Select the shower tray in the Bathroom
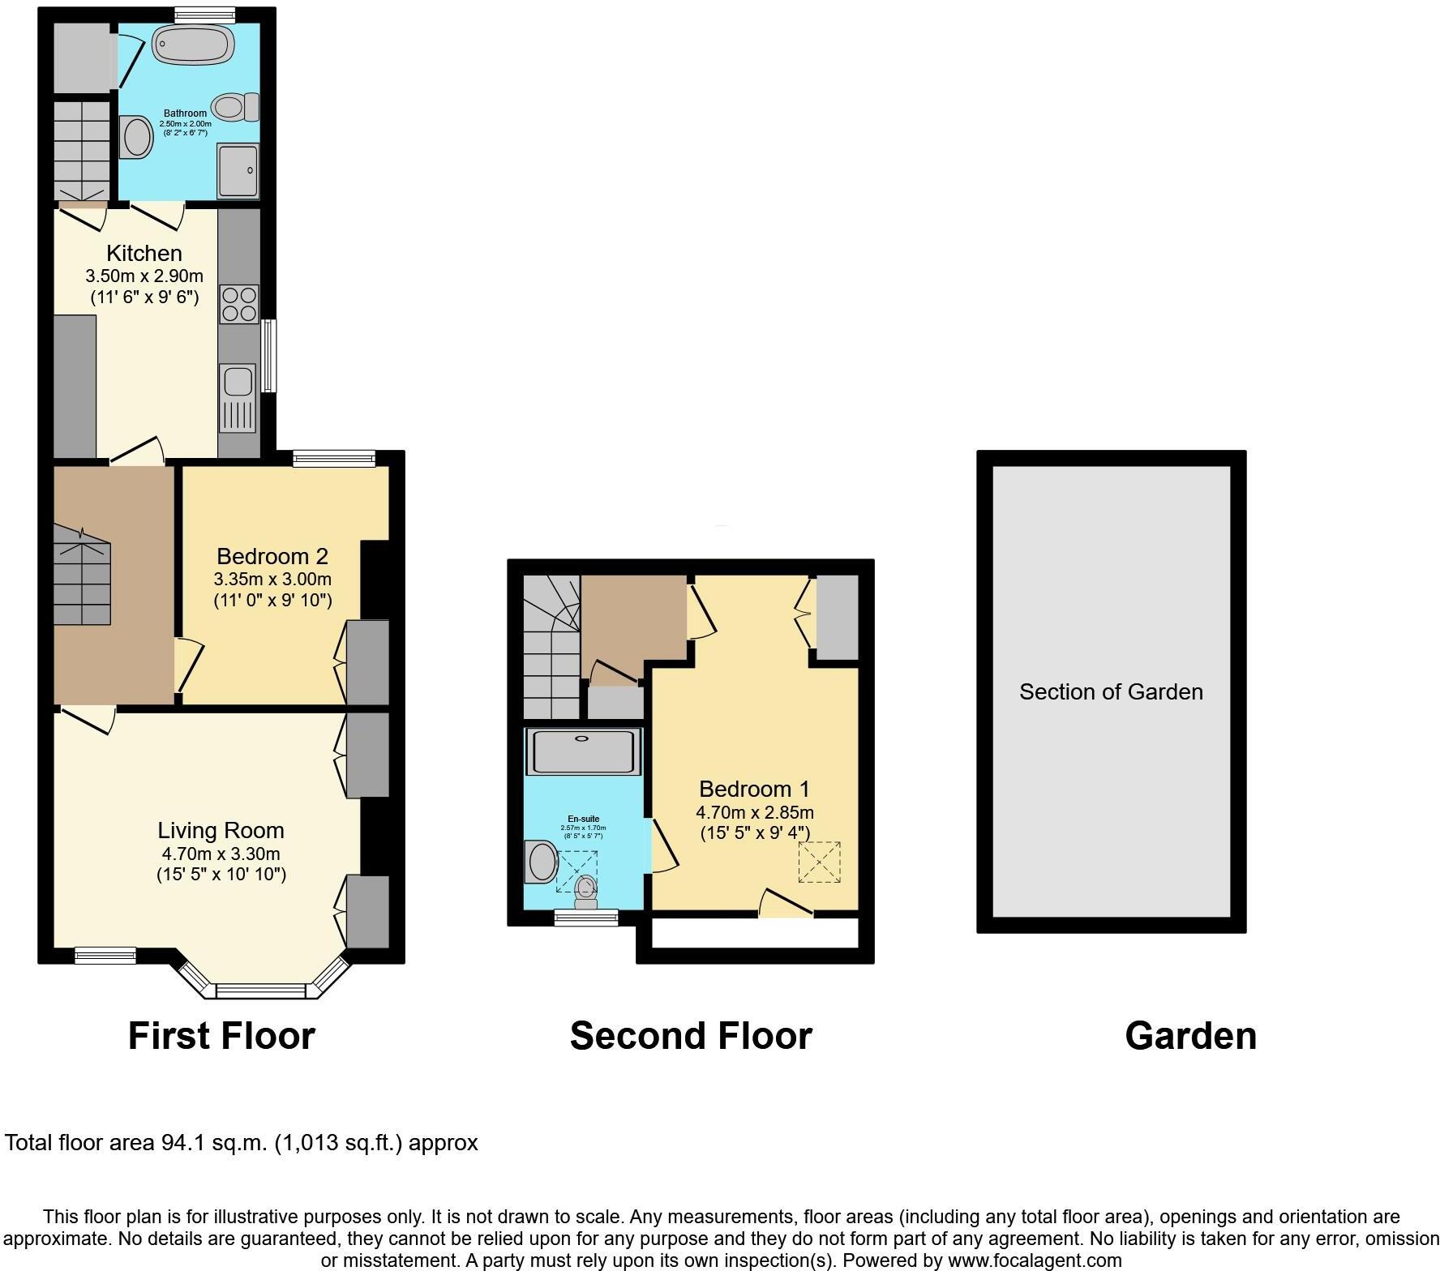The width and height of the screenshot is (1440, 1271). tap(238, 170)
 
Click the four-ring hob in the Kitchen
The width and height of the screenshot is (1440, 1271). tap(239, 304)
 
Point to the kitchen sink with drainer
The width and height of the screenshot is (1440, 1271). tap(238, 397)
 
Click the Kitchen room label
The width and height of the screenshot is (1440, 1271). tap(144, 253)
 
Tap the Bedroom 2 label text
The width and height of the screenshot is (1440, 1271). tap(272, 556)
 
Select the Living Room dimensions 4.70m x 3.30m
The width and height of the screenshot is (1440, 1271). tap(221, 854)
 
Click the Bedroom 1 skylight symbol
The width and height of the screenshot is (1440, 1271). tap(819, 862)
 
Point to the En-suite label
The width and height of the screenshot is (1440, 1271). tap(583, 819)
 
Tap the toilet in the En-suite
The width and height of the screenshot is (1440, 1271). tap(585, 892)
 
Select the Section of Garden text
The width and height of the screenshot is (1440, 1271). tap(1111, 691)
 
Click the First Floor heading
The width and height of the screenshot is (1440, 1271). tap(221, 1036)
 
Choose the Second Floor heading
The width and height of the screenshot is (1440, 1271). tap(691, 1036)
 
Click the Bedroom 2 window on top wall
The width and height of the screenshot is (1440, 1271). tap(334, 459)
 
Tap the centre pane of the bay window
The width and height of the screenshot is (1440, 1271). tap(261, 991)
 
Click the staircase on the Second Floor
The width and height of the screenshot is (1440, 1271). tap(550, 648)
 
